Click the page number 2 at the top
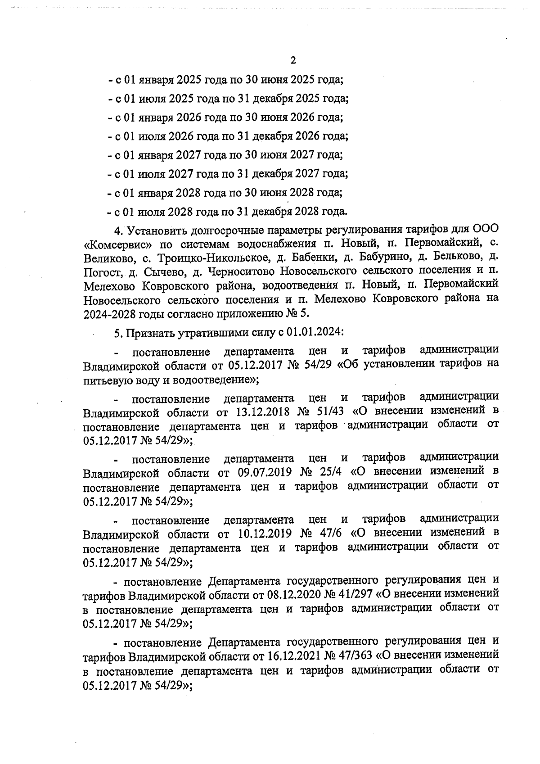(x=293, y=60)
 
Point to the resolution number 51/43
(x=330, y=412)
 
